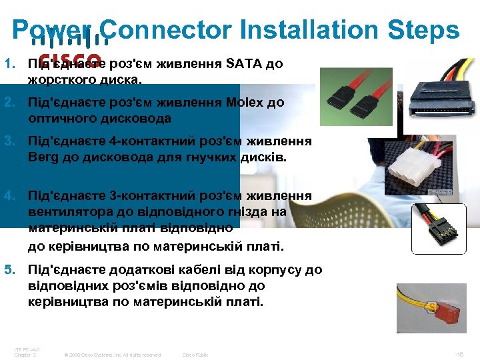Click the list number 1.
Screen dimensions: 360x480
[x=9, y=65]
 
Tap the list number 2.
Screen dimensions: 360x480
[x=9, y=103]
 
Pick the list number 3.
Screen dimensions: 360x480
[x=9, y=141]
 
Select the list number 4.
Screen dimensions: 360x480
[x=9, y=196]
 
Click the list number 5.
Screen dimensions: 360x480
[x=9, y=270]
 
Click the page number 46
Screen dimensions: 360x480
[x=459, y=354]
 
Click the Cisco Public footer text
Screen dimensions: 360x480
[x=195, y=355]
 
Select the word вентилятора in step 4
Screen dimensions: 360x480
[x=67, y=212]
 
